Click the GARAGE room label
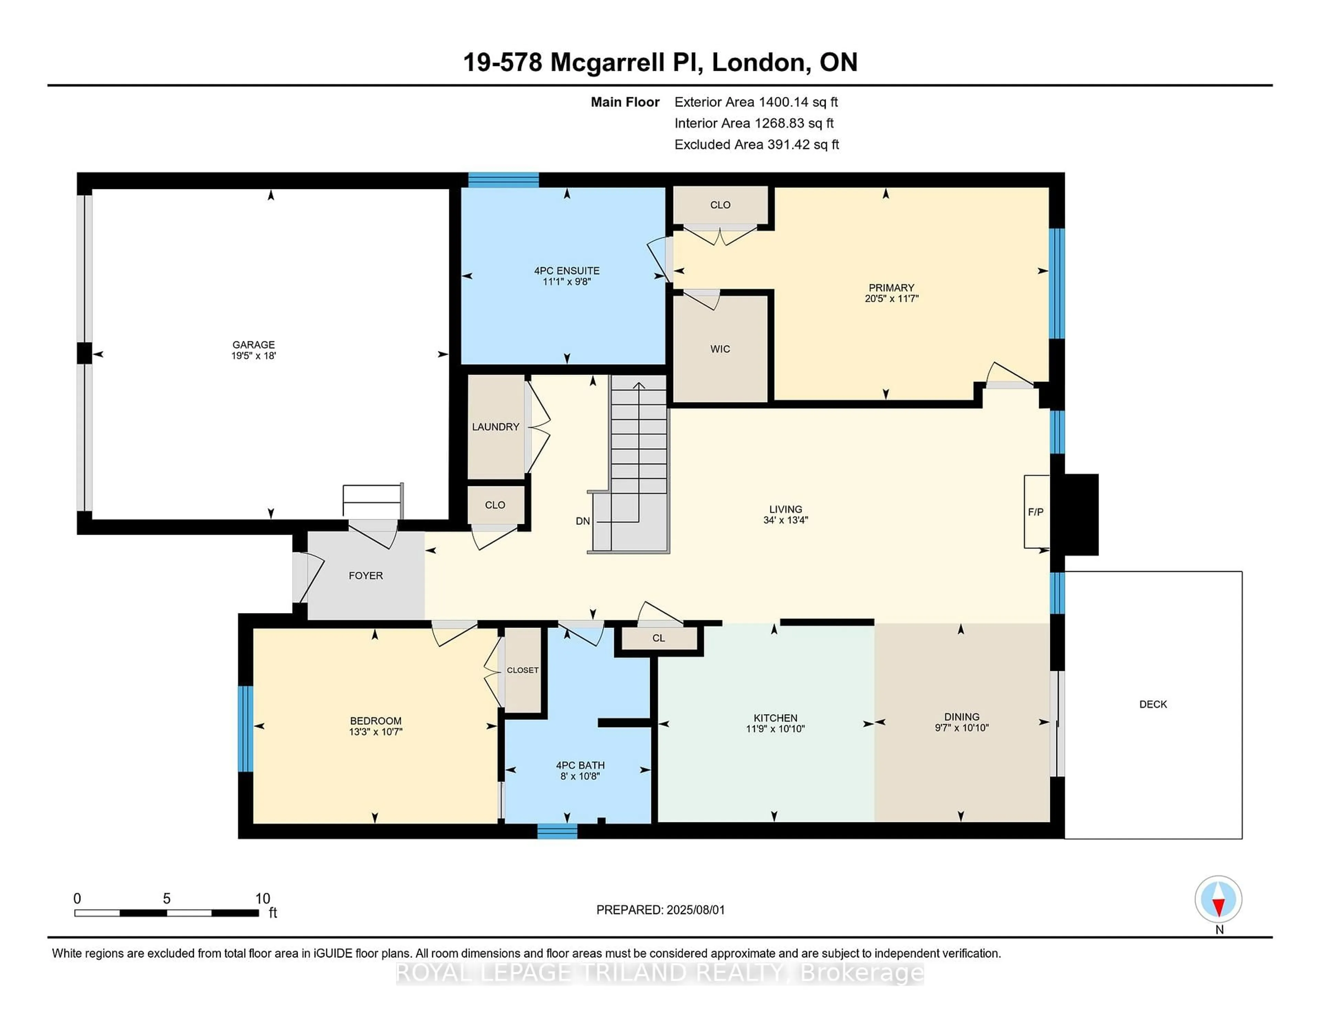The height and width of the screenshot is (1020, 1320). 253,344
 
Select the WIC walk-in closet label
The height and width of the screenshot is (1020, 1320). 720,349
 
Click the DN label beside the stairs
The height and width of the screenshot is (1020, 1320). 583,521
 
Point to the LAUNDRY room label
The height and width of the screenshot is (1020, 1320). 496,426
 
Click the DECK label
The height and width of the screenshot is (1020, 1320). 1153,704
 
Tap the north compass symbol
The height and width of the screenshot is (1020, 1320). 1219,900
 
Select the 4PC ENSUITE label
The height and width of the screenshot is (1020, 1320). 566,271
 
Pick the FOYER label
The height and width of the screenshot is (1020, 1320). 366,575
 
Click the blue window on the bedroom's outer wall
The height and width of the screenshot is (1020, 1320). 245,729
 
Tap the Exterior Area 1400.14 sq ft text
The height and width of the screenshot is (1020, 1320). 756,102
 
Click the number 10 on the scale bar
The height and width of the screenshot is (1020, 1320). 262,899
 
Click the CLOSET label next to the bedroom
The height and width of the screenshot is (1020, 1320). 522,670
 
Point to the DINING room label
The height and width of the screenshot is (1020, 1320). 961,717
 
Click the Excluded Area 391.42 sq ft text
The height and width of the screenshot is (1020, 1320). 757,144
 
